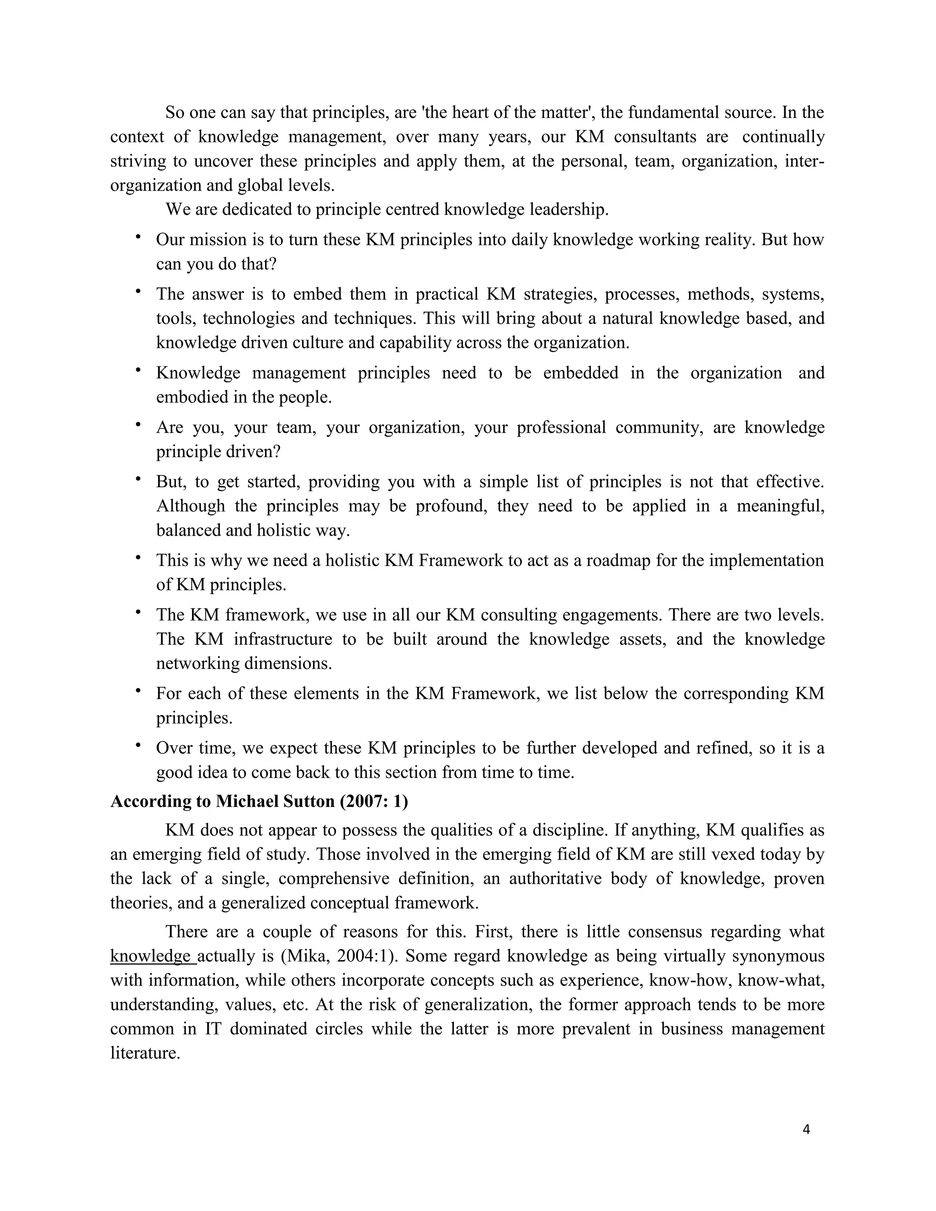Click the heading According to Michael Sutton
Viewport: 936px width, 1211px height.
tap(259, 801)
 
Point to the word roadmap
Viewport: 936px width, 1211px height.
tap(618, 560)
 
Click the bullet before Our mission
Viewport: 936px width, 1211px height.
tap(138, 237)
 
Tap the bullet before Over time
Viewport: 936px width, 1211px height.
tap(138, 746)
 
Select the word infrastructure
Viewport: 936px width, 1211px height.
tap(282, 639)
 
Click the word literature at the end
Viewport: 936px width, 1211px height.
tap(145, 1053)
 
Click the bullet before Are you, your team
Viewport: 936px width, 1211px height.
tap(138, 425)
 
